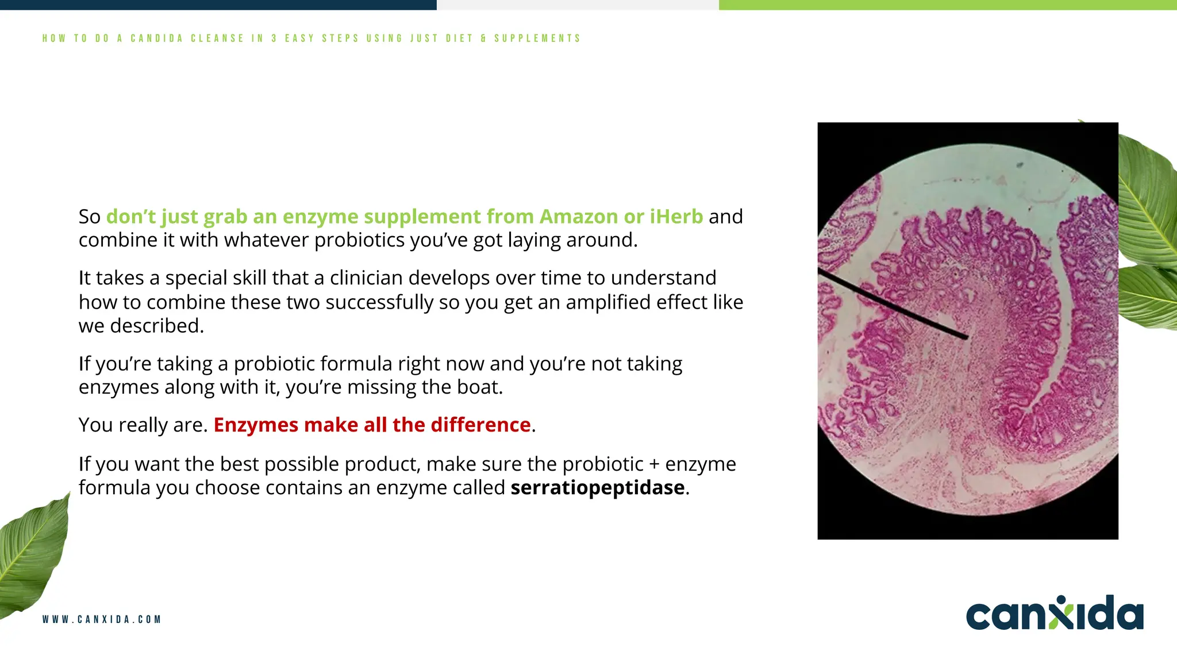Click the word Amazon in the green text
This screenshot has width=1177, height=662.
(x=578, y=217)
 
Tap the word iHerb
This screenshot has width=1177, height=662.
(x=676, y=217)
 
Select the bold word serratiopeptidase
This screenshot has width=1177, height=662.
(x=597, y=488)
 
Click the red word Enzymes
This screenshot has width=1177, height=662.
(x=256, y=425)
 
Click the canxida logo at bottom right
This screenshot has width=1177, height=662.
(x=1054, y=614)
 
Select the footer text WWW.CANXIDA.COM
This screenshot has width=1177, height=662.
(x=102, y=619)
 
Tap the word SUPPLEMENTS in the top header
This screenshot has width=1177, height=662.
(x=537, y=39)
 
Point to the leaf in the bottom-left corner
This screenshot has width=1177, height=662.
(x=32, y=552)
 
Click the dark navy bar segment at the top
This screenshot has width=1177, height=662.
(x=218, y=5)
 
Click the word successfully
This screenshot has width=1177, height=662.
(x=379, y=302)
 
